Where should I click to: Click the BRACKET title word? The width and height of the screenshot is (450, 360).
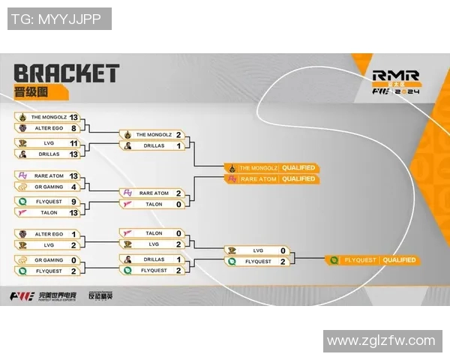66,73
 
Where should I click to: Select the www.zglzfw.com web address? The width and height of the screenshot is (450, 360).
382,340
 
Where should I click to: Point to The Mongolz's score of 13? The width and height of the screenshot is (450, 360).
73,117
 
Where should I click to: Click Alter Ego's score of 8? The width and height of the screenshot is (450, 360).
73,128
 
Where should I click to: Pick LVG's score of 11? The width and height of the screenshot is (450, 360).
73,142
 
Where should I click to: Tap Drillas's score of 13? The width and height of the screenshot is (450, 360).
73,154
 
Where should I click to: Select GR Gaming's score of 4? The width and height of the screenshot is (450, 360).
73,186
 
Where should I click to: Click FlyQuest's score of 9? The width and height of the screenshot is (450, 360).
73,201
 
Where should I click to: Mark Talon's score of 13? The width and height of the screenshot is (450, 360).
73,212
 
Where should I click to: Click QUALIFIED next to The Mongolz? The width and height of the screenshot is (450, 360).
299,167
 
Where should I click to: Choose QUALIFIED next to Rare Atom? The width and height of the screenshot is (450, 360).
299,179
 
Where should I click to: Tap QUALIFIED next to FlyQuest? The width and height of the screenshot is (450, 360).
398,260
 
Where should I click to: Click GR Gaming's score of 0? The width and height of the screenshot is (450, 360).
73,259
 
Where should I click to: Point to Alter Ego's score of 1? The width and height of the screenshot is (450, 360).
73,234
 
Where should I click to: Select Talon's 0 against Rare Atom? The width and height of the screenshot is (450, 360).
178,204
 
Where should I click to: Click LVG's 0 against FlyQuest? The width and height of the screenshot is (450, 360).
283,250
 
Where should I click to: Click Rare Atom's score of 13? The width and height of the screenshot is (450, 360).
73,175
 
